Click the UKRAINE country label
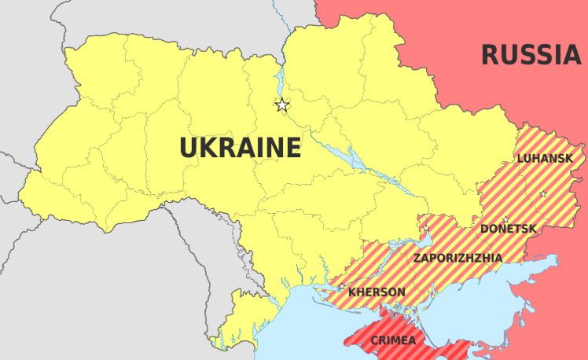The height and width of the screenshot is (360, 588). [x=241, y=148]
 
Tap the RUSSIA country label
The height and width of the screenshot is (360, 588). [x=531, y=55]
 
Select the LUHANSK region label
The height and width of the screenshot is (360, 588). [x=545, y=159]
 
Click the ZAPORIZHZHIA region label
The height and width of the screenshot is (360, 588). [x=458, y=257]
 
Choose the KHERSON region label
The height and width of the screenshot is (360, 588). [x=377, y=292]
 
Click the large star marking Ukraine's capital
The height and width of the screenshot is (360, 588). [x=282, y=105]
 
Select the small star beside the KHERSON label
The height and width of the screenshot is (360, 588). [x=341, y=288]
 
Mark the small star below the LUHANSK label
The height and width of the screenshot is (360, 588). [x=542, y=193]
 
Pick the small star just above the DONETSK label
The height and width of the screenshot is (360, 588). [x=505, y=219]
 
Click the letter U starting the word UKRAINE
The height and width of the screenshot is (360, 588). [x=188, y=148]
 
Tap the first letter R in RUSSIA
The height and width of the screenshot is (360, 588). [x=489, y=55]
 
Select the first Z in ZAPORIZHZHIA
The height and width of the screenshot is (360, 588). [x=417, y=257]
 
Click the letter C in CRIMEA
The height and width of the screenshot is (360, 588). [x=374, y=340]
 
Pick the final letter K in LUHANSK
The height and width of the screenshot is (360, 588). [x=569, y=159]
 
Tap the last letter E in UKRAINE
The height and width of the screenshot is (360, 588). [x=293, y=148]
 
